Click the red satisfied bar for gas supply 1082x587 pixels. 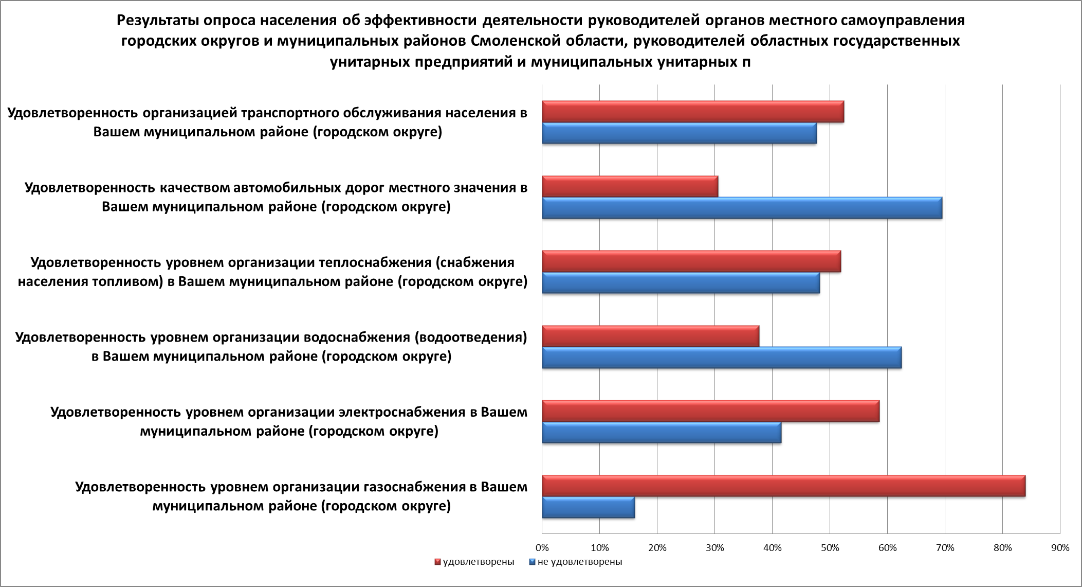783,486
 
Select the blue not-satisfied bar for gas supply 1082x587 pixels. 588,508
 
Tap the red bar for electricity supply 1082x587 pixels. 710,411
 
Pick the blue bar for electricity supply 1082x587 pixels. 662,433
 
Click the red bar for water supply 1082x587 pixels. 650,336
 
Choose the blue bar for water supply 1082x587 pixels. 722,358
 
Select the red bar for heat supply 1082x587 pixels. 691,261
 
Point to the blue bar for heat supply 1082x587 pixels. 681,283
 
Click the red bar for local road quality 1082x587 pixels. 630,187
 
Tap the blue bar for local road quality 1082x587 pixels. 742,208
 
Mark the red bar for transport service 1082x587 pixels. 693,112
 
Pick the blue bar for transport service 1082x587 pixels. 679,133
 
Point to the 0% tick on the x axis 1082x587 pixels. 542,548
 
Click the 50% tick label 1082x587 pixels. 830,548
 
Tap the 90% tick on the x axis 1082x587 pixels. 1060,548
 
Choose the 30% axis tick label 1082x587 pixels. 714,548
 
